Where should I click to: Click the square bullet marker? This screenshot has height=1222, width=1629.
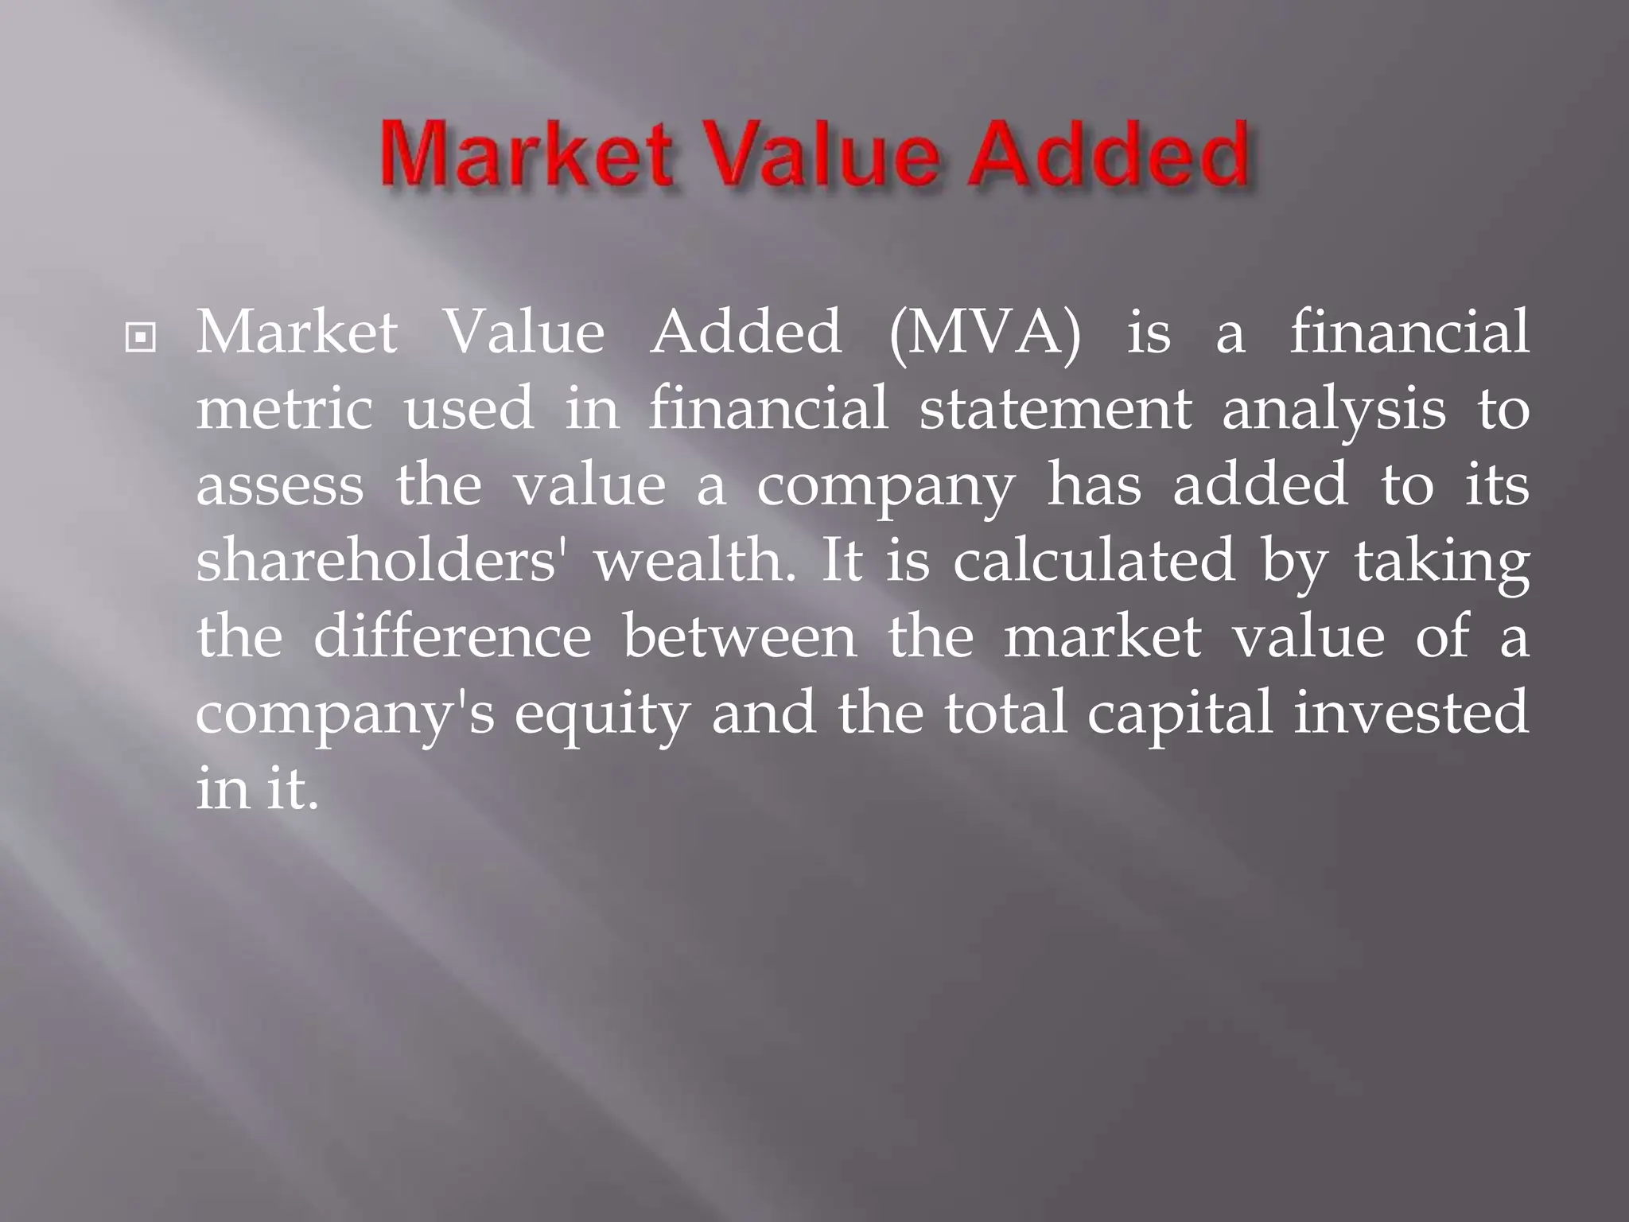(141, 339)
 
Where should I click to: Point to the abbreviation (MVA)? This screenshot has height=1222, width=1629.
(986, 333)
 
